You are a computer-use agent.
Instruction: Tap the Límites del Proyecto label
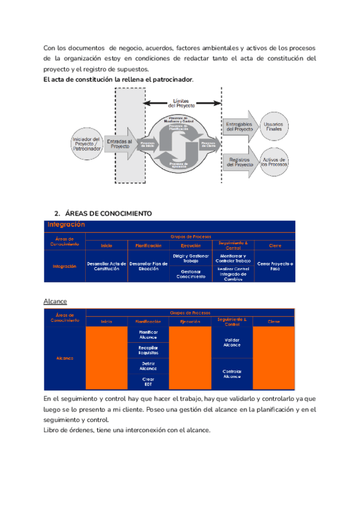coord(181,103)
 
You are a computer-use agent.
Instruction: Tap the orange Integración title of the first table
coord(65,224)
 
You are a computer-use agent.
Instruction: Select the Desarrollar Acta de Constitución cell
coord(106,267)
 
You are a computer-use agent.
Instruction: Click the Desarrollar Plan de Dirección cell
coord(148,267)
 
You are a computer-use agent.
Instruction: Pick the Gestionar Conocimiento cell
coord(191,274)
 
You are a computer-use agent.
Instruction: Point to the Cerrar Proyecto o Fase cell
coord(275,267)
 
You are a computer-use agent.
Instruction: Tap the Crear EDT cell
coord(148,382)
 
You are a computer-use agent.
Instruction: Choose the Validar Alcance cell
coord(232,342)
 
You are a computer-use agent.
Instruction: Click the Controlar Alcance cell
coord(232,373)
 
